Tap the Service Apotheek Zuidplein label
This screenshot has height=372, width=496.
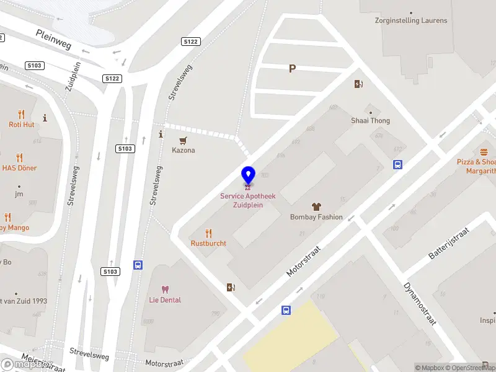[x=248, y=200]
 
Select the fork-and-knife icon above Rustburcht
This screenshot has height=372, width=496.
[x=208, y=233]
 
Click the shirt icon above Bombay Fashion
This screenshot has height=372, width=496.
[x=316, y=206]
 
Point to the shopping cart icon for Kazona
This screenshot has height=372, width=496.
[x=183, y=140]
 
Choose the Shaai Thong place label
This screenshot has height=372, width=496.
[x=370, y=120]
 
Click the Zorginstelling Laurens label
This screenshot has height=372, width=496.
[x=411, y=20]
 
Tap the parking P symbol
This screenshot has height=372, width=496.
[x=292, y=69]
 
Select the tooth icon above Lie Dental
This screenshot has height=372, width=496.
[x=165, y=289]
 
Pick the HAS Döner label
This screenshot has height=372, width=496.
[x=19, y=168]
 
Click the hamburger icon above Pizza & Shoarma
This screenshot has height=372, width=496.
[x=484, y=152]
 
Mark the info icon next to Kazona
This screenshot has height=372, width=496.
[x=161, y=134]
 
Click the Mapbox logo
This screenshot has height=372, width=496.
[x=25, y=364]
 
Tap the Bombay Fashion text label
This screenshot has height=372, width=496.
[x=316, y=217]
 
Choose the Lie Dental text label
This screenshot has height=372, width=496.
[x=165, y=300]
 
